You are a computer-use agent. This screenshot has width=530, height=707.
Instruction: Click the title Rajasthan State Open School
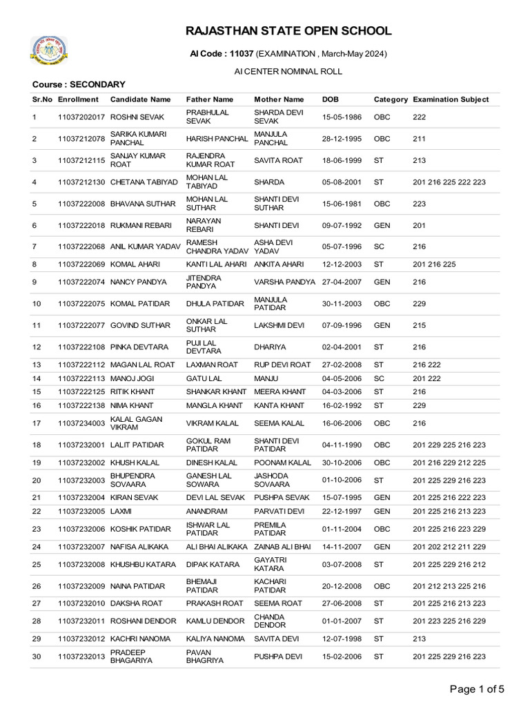288,31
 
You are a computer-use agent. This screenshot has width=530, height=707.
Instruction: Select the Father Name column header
210,99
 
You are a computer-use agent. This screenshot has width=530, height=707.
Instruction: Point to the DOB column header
331,99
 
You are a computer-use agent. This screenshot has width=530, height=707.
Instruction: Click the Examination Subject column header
451,99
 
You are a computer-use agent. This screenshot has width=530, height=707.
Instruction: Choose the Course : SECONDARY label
79,84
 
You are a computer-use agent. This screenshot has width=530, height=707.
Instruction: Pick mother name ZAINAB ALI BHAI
282,547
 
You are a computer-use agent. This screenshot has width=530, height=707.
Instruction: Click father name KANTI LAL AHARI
215,263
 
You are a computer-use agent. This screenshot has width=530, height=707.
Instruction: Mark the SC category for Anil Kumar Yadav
378,246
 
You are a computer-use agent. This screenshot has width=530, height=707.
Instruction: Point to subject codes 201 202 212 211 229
449,547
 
